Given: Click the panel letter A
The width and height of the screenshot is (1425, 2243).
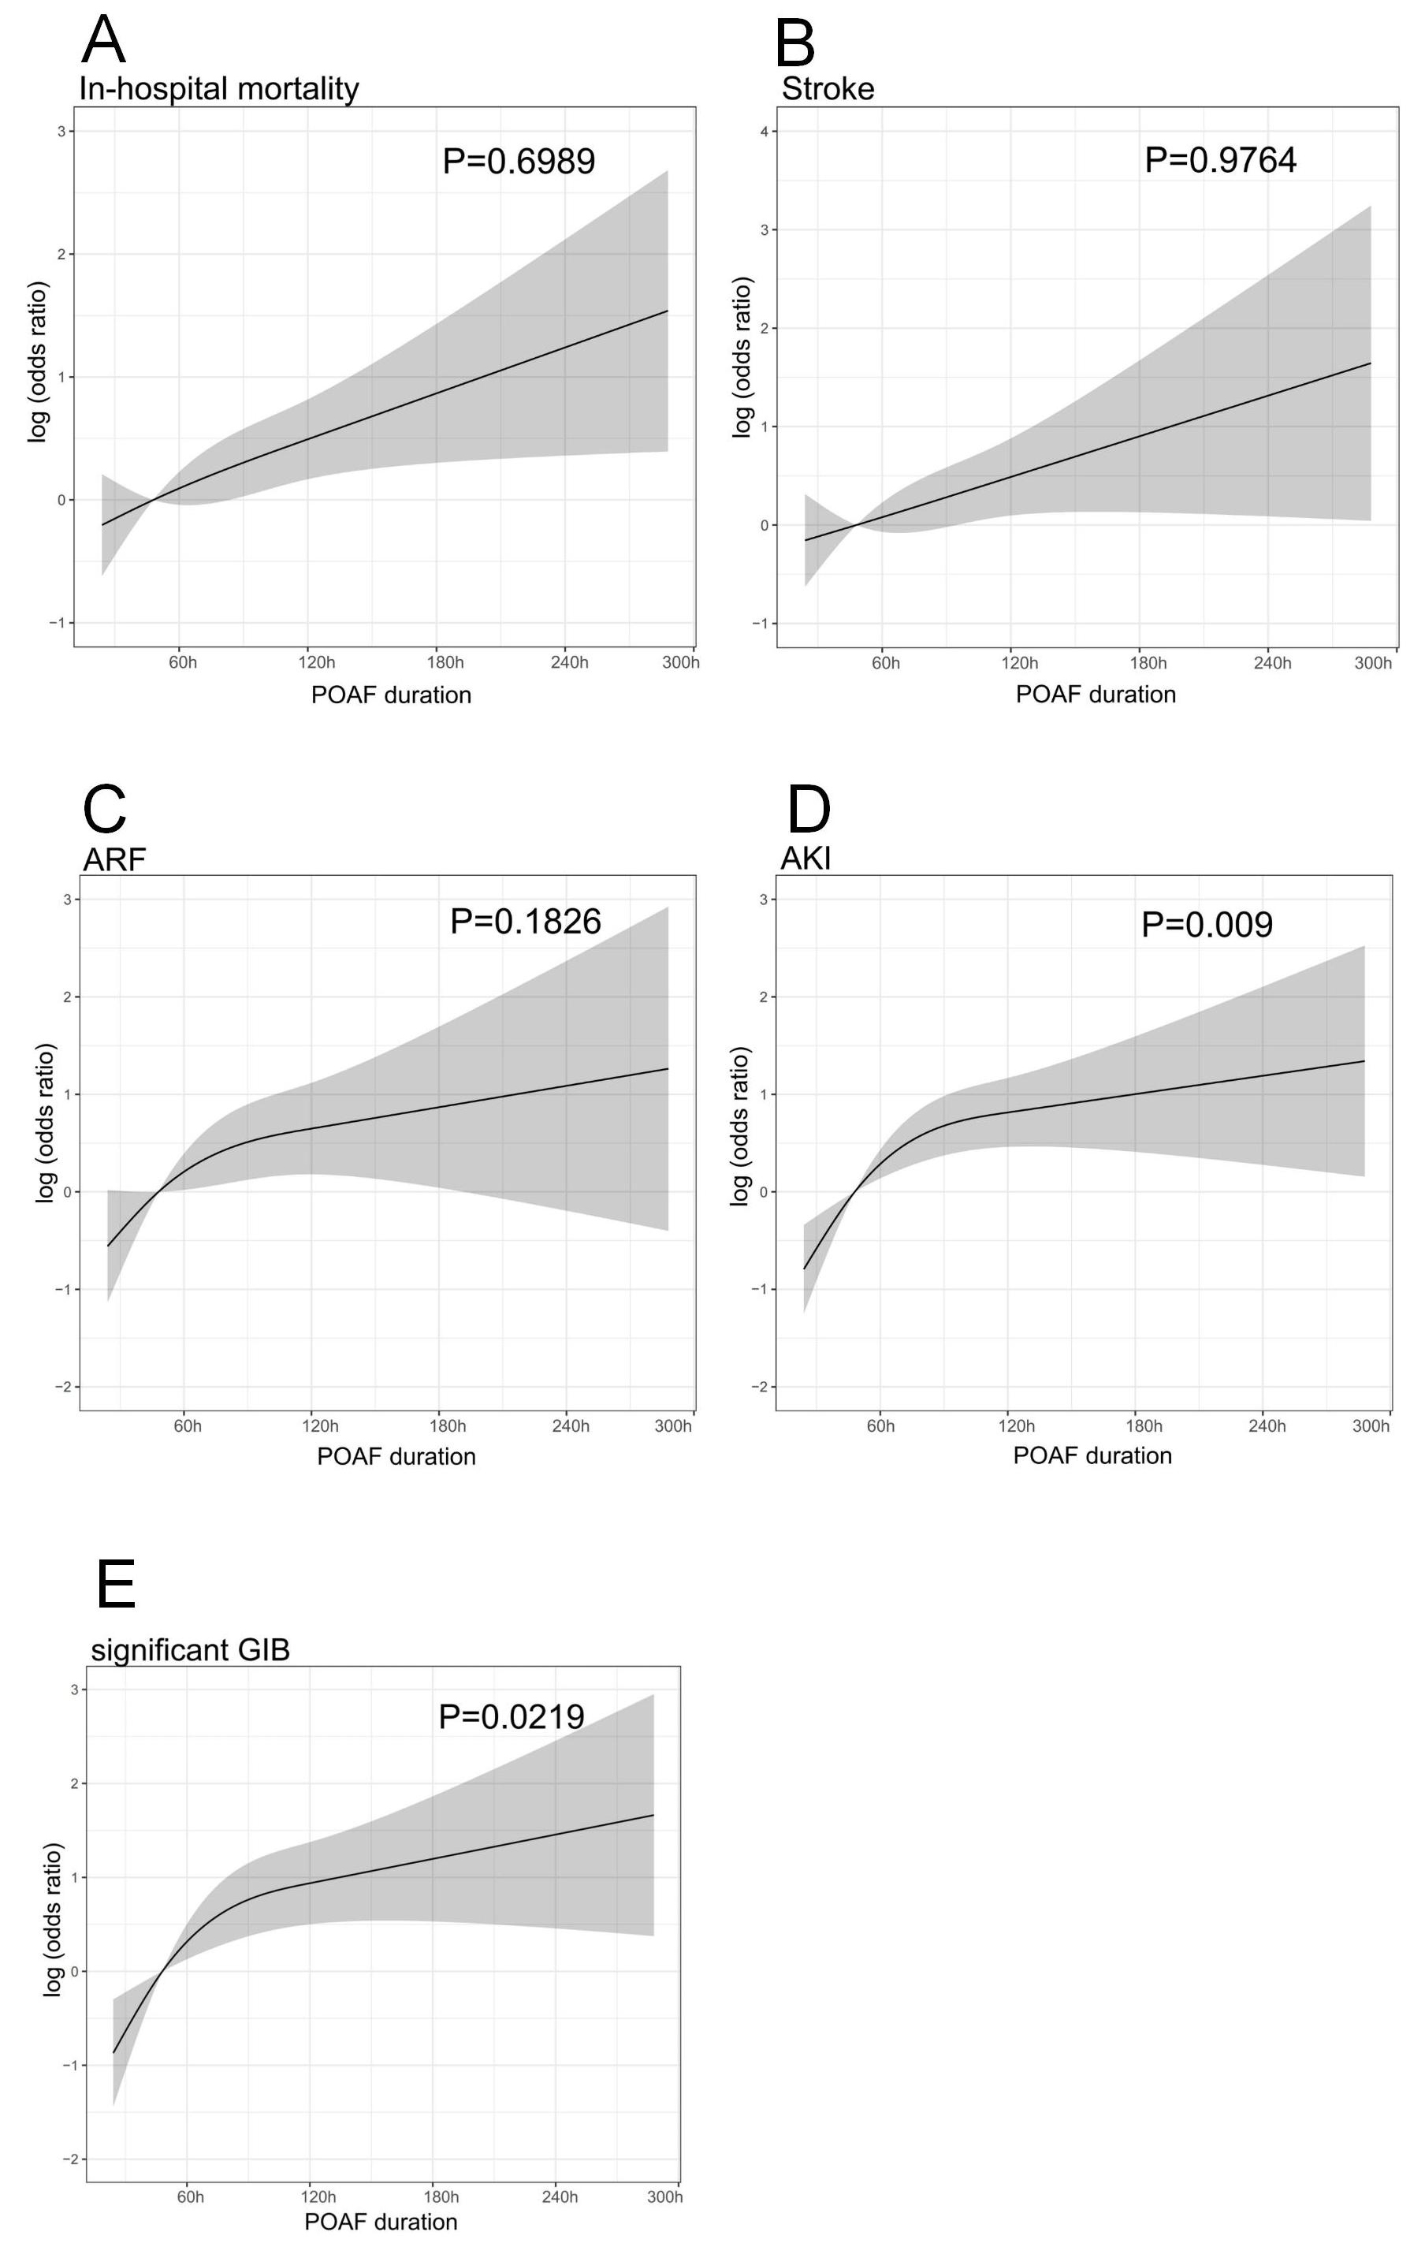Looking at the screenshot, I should tap(103, 41).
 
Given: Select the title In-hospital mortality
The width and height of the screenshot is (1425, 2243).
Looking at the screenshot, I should tap(219, 88).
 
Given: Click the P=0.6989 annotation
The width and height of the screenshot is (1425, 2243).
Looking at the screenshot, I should tap(519, 161).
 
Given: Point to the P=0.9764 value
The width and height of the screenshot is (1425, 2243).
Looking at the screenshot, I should tap(1220, 160).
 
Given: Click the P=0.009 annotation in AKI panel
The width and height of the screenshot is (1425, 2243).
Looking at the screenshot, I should tap(1206, 925).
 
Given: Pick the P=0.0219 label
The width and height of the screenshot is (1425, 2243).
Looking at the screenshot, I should tap(512, 1716).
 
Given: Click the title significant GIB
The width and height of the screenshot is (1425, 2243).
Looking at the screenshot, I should tap(190, 1649).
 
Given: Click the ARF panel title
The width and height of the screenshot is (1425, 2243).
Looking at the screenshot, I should tap(114, 859).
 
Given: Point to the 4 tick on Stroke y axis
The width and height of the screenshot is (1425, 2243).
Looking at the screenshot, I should tap(764, 132).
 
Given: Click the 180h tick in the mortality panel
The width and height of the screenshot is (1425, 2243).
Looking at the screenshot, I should tap(445, 662).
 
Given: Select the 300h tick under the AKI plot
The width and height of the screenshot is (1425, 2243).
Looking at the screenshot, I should tap(1371, 1426).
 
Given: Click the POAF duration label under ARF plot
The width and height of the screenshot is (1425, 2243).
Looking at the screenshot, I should tap(396, 1457).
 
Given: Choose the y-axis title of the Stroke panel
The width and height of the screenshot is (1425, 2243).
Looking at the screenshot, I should tap(742, 357).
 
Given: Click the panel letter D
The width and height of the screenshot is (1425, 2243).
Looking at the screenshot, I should tap(809, 810).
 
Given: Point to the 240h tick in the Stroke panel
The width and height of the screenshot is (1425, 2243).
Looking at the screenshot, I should tap(1272, 663).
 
